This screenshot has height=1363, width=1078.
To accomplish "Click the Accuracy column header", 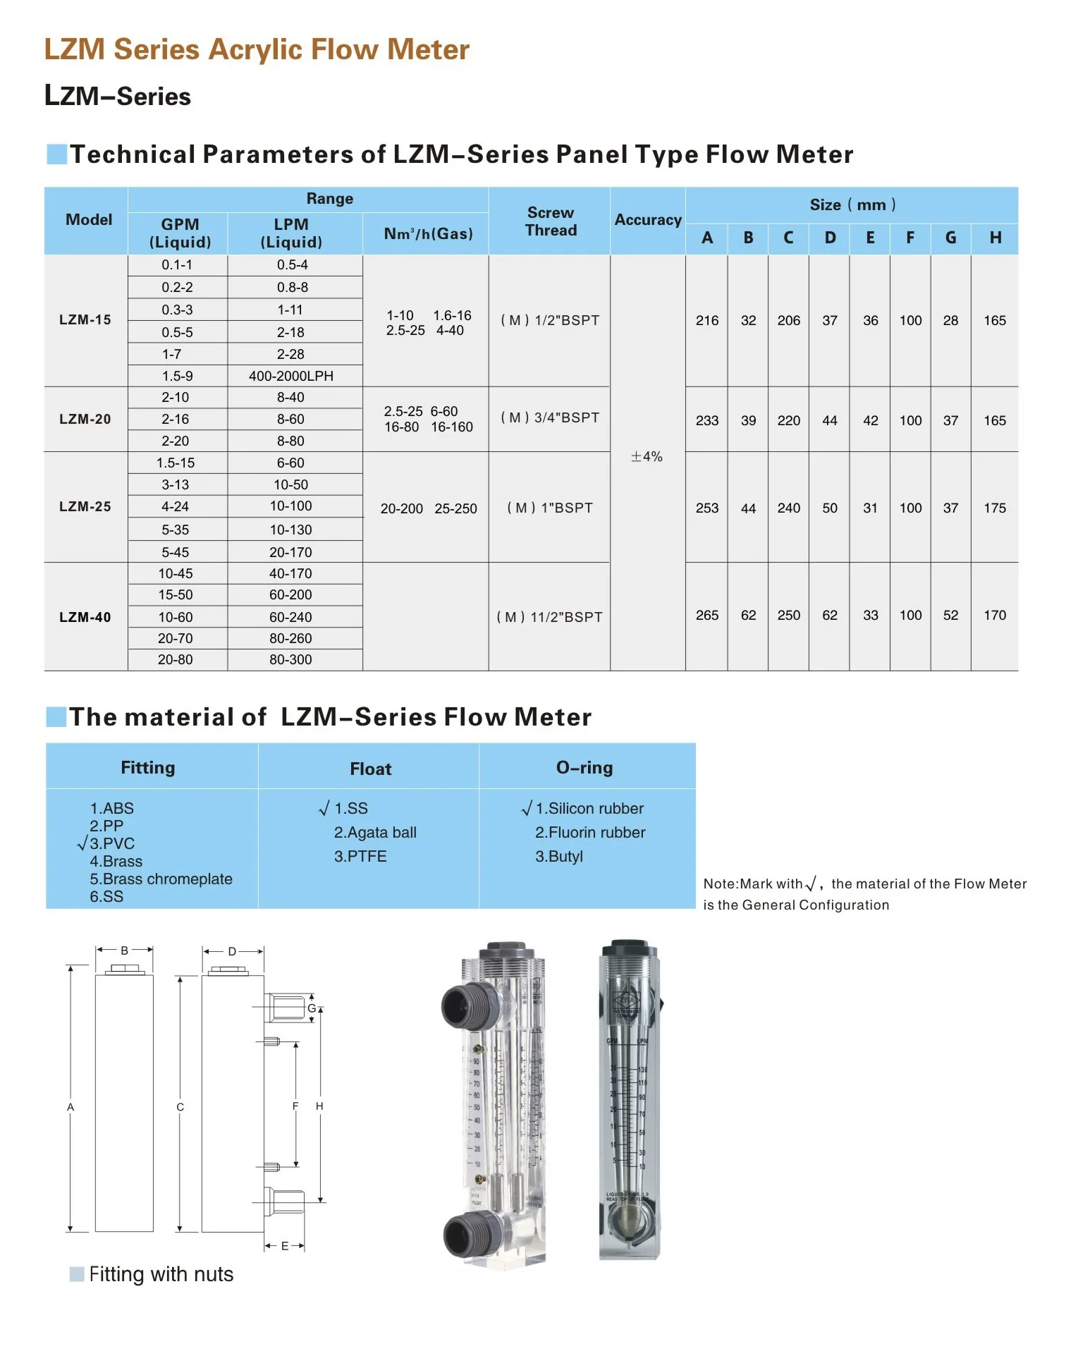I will (647, 220).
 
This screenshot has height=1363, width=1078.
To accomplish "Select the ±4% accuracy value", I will (647, 457).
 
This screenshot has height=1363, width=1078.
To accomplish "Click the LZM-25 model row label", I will (85, 507).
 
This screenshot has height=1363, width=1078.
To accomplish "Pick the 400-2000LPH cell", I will (291, 377).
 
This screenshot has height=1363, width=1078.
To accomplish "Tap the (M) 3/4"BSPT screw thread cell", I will (550, 418).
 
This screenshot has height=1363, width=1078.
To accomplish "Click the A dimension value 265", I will (706, 616).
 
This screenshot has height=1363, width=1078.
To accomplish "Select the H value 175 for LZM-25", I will (994, 508).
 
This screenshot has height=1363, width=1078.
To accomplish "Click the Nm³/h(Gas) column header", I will (428, 234).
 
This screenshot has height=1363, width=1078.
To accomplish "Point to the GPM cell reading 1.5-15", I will (176, 463).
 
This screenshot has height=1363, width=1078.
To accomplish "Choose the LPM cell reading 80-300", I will (290, 660).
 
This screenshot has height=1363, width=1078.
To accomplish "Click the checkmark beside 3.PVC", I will (82, 843).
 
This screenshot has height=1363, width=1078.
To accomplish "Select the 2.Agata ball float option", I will (375, 833).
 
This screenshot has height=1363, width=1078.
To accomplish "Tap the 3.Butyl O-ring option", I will (559, 857).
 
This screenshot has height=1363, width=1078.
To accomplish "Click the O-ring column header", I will (584, 768).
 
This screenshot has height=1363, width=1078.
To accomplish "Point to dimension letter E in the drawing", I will (285, 1247).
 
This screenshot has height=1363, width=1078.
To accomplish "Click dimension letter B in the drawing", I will (124, 951).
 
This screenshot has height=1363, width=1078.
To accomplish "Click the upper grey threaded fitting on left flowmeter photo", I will (462, 1005).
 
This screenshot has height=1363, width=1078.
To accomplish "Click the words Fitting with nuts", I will (161, 1275).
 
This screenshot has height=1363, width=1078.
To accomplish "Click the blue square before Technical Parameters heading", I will (56, 154).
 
